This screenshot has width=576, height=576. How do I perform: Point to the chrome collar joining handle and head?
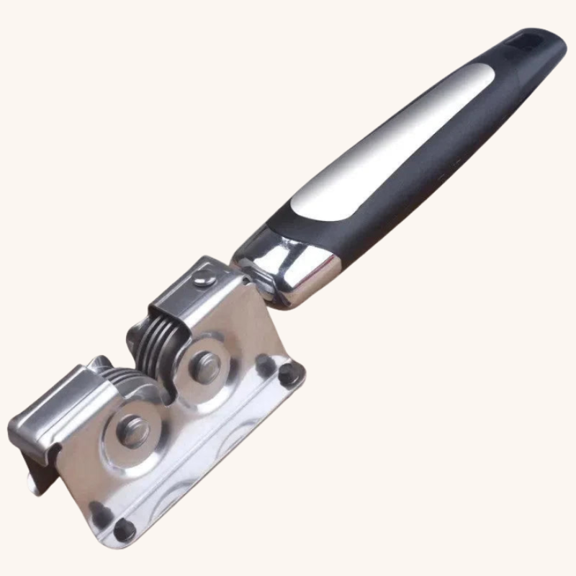point(288,270)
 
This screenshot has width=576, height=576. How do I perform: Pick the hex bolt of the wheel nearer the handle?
point(206,366)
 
